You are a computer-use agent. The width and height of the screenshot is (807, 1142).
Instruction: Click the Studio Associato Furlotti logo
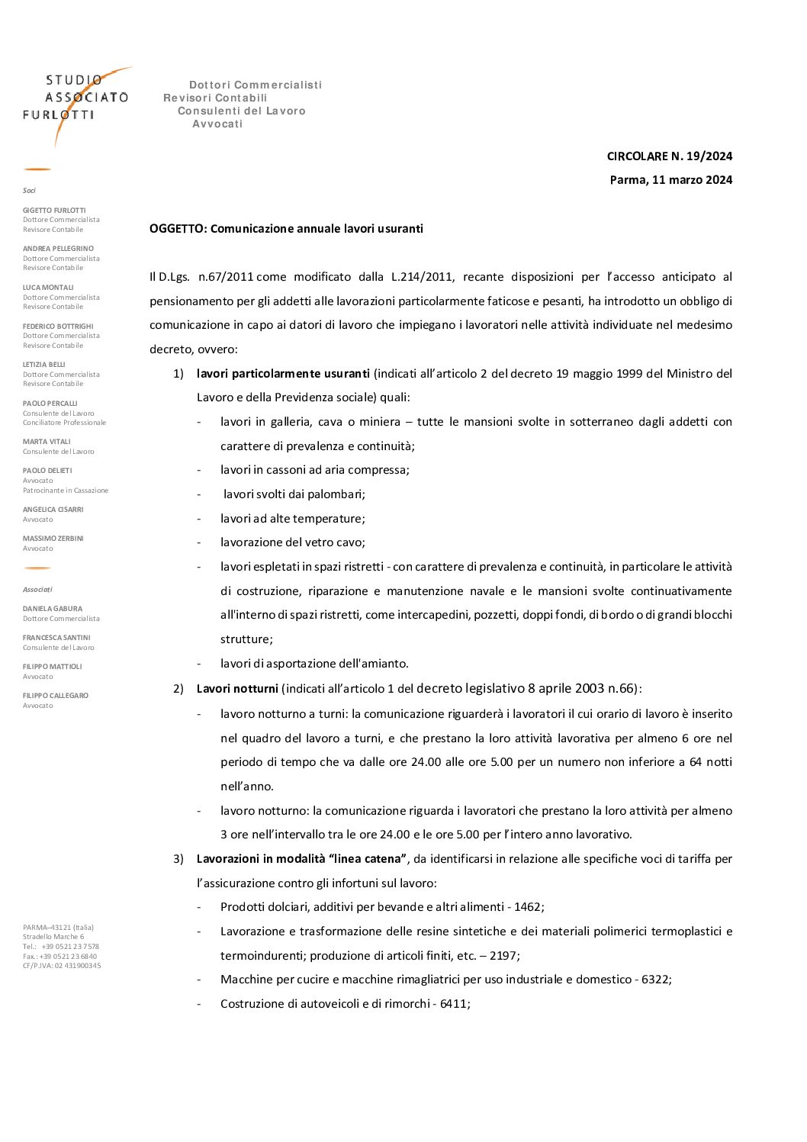(x=76, y=103)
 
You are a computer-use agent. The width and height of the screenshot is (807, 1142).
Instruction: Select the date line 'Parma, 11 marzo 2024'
(x=670, y=180)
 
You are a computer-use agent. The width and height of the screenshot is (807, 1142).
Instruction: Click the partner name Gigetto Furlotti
(x=54, y=211)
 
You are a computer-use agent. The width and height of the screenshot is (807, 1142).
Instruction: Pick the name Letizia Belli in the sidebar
(x=44, y=365)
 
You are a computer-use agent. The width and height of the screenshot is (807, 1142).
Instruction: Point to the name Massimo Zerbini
(x=53, y=539)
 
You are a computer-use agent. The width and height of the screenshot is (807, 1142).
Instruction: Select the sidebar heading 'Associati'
(x=37, y=590)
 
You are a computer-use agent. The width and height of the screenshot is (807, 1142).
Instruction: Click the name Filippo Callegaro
(x=55, y=696)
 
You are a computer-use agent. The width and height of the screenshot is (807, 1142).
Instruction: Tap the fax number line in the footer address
(x=59, y=957)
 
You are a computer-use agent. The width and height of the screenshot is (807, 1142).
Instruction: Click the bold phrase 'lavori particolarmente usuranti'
(x=283, y=374)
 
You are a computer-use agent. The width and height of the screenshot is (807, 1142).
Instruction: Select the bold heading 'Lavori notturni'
(x=237, y=689)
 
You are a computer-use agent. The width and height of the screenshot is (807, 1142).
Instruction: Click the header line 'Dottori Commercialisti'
(x=256, y=85)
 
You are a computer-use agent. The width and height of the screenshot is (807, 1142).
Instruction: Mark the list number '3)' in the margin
(x=178, y=859)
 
